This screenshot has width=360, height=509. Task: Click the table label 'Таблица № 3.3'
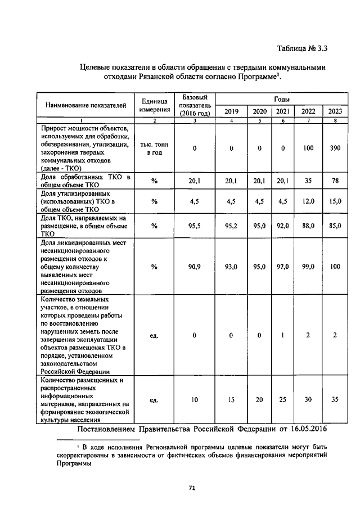pyautogui.click(x=301, y=47)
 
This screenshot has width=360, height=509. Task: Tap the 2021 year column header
pyautogui.click(x=283, y=111)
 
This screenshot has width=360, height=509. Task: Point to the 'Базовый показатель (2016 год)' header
pyautogui.click(x=194, y=105)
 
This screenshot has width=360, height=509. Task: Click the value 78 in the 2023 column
pyautogui.click(x=335, y=182)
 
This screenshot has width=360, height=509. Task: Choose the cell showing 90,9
pyautogui.click(x=194, y=267)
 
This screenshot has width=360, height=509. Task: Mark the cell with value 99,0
pyautogui.click(x=308, y=267)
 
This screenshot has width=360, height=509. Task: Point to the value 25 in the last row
pyautogui.click(x=283, y=400)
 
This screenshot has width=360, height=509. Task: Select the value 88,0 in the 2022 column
pyautogui.click(x=308, y=226)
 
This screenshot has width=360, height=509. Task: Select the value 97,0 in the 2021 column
pyautogui.click(x=283, y=267)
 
